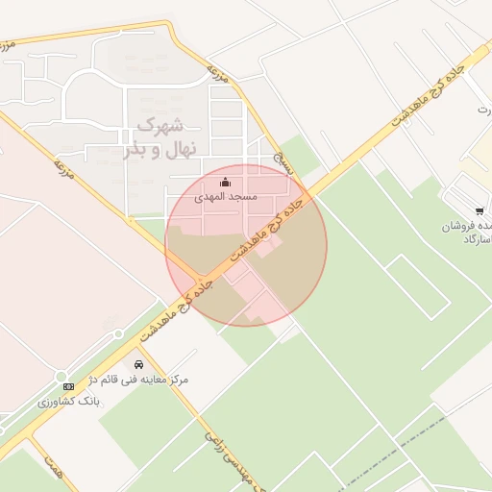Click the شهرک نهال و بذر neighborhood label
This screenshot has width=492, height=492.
pyautogui.click(x=160, y=137)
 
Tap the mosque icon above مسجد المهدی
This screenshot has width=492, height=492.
pyautogui.click(x=226, y=182)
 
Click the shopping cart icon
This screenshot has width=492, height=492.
pyautogui.click(x=479, y=210)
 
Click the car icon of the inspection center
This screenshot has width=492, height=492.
pyautogui.click(x=140, y=365)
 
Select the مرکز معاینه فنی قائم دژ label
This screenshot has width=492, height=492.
pyautogui.click(x=138, y=380)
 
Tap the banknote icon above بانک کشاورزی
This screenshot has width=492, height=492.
pyautogui.click(x=68, y=386)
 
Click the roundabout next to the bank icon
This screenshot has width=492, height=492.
pyautogui.click(x=61, y=376)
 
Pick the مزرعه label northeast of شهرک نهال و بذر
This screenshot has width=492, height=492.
pyautogui.click(x=219, y=75)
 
